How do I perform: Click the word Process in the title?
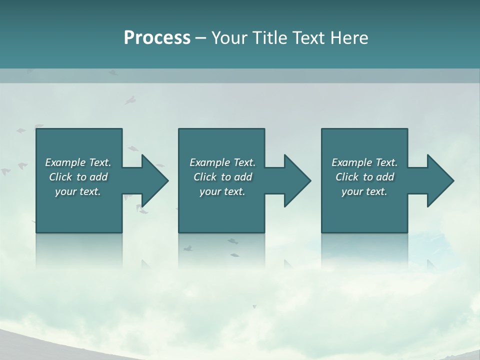click(157, 38)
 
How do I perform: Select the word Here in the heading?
click(349, 38)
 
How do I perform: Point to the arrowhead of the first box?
click(155, 180)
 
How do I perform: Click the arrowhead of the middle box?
click(298, 180)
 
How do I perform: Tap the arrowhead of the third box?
click(441, 180)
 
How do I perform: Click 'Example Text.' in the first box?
click(78, 162)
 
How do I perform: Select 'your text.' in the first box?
click(78, 191)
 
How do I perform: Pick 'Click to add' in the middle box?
click(222, 177)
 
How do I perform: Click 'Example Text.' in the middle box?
click(222, 162)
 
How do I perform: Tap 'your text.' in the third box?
click(364, 191)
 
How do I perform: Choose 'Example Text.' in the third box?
click(364, 162)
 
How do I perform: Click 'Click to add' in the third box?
click(364, 177)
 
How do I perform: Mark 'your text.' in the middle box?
click(222, 191)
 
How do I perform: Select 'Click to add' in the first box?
click(78, 177)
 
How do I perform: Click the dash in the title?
click(201, 38)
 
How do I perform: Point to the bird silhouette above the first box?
click(130, 100)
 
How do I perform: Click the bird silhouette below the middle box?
click(232, 241)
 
